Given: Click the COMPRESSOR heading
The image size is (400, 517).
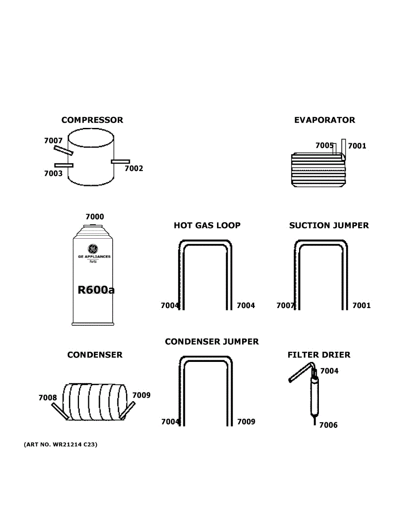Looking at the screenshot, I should [92, 120].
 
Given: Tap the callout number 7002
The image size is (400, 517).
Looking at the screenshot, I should [134, 168].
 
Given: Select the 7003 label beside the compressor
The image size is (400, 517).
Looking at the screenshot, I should [53, 174].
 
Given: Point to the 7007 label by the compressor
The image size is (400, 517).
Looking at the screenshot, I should [53, 140].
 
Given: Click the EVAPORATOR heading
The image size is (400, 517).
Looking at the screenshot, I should [324, 120].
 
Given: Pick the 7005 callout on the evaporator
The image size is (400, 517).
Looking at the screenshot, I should [324, 146].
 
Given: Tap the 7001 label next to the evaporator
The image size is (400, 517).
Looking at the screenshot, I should [357, 146].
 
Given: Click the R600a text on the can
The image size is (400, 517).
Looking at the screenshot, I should [96, 290].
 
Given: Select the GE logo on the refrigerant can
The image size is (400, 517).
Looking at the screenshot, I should [93, 249].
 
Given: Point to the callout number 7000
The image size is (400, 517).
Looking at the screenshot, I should [94, 217].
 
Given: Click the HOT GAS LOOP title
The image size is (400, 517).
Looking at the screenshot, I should [207, 225].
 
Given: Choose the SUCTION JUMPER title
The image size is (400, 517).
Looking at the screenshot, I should [329, 225].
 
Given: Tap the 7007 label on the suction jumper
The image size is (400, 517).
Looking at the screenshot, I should [285, 305].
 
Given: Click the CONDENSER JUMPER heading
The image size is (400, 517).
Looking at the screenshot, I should [212, 342].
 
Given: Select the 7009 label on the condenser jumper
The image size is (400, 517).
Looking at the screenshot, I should [246, 422].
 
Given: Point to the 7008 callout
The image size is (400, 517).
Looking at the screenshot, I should [47, 398].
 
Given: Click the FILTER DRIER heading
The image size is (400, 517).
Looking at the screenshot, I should [319, 355].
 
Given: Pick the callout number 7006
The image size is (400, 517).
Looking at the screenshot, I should [328, 425].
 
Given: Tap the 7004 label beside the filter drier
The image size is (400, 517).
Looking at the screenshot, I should [329, 371].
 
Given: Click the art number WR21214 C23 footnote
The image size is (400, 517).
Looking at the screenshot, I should [60, 444].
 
